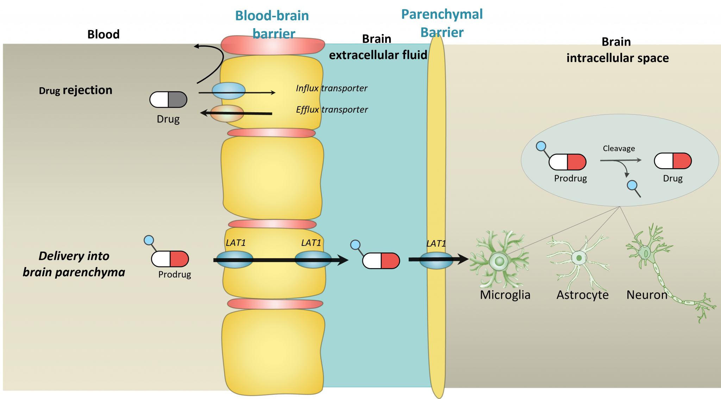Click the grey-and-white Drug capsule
pyautogui.click(x=168, y=100)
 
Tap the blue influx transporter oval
pyautogui.click(x=228, y=91)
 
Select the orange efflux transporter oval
pyautogui.click(x=227, y=113)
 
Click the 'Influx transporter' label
pyautogui.click(x=331, y=88)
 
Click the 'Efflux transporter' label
pyautogui.click(x=332, y=110)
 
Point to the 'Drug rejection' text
pyautogui.click(x=75, y=90)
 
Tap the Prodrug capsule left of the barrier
pyautogui.click(x=170, y=259)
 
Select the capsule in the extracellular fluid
pyautogui.click(x=381, y=261)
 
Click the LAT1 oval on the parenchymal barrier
pyautogui.click(x=436, y=260)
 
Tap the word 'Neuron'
pyautogui.click(x=647, y=295)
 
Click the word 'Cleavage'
pyautogui.click(x=619, y=148)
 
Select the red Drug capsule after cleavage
pyautogui.click(x=672, y=161)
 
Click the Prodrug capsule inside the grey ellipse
pyautogui.click(x=567, y=162)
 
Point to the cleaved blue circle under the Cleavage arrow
pyautogui.click(x=632, y=185)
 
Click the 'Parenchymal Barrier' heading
pyautogui.click(x=442, y=23)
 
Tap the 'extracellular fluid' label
pyautogui.click(x=378, y=55)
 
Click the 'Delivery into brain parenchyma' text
pyautogui.click(x=74, y=264)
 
